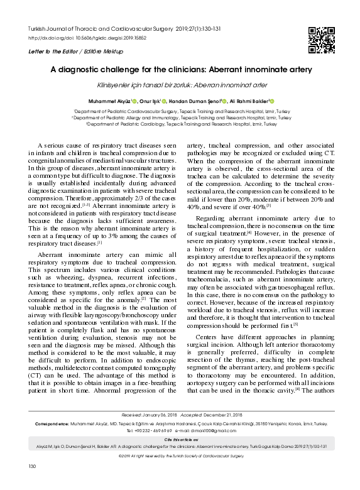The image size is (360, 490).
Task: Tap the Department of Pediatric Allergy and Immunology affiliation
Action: [180, 117]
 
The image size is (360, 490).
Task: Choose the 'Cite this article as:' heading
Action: [180, 441]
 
